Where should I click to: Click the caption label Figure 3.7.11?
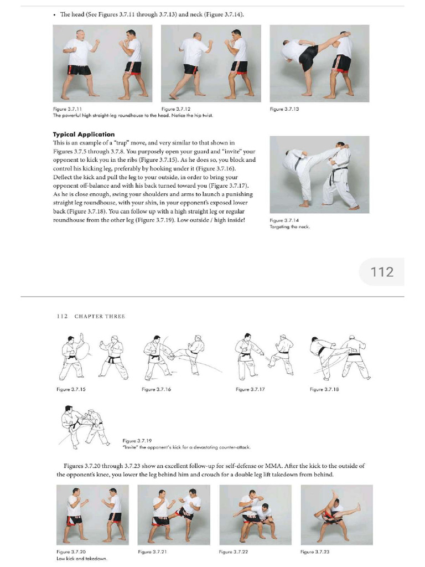[x=68, y=109]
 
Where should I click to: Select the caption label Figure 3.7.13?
[x=284, y=109]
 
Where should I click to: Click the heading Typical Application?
[x=84, y=134]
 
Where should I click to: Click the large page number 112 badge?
[x=382, y=272]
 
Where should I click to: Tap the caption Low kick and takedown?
[x=82, y=559]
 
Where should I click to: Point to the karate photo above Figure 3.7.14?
[x=319, y=174]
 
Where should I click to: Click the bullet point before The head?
[x=54, y=14]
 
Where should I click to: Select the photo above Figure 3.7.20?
[x=92, y=514]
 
